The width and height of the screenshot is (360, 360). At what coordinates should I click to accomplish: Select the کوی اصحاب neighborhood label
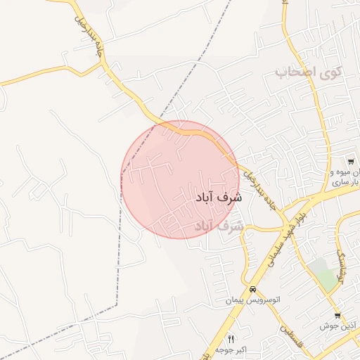(x=309, y=72)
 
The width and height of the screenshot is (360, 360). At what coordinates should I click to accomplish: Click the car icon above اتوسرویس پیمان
(x=252, y=290)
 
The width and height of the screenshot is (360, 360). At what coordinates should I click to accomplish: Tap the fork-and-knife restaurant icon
(x=231, y=340)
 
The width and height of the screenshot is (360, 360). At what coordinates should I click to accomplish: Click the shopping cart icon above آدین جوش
(x=337, y=316)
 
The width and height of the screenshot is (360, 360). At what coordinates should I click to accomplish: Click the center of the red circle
(x=180, y=180)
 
